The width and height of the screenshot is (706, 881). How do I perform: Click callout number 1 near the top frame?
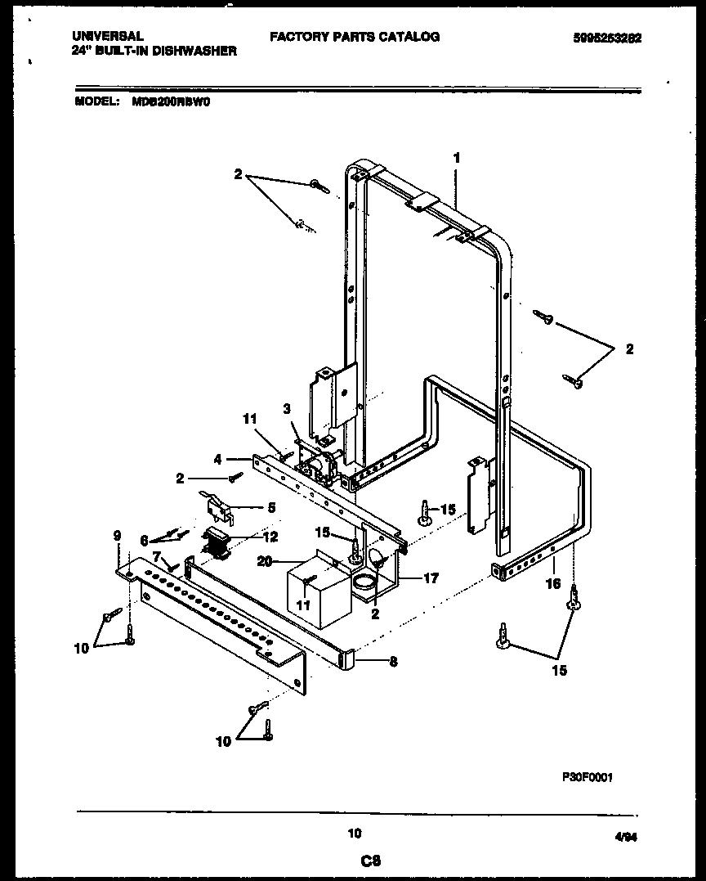[x=456, y=158]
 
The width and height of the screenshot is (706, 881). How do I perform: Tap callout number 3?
[x=287, y=408]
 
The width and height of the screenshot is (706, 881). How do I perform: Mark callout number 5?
[x=271, y=507]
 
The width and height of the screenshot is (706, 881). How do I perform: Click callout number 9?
[x=118, y=537]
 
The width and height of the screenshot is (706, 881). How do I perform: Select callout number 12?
[x=271, y=537]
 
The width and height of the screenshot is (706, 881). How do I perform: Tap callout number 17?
[x=431, y=578]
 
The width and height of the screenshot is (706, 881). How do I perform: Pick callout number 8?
[x=393, y=662]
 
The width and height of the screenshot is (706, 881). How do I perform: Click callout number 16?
[x=553, y=585]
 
